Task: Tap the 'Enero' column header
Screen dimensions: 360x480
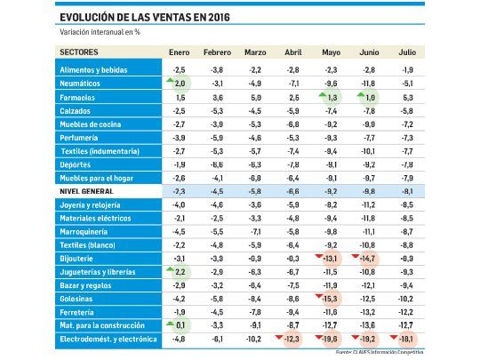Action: tap(179, 53)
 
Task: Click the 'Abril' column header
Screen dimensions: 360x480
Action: tap(292, 53)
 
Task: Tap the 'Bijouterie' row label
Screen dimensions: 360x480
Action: tap(79, 258)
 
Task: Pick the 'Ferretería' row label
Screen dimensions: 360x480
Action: tap(79, 312)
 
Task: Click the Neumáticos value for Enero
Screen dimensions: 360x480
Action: tap(180, 83)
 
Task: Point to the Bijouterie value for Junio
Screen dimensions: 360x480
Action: tap(369, 258)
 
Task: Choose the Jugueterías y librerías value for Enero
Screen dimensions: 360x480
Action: tap(180, 272)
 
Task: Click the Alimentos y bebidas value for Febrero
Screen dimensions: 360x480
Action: tap(217, 69)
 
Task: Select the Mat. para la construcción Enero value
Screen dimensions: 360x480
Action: tap(180, 326)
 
